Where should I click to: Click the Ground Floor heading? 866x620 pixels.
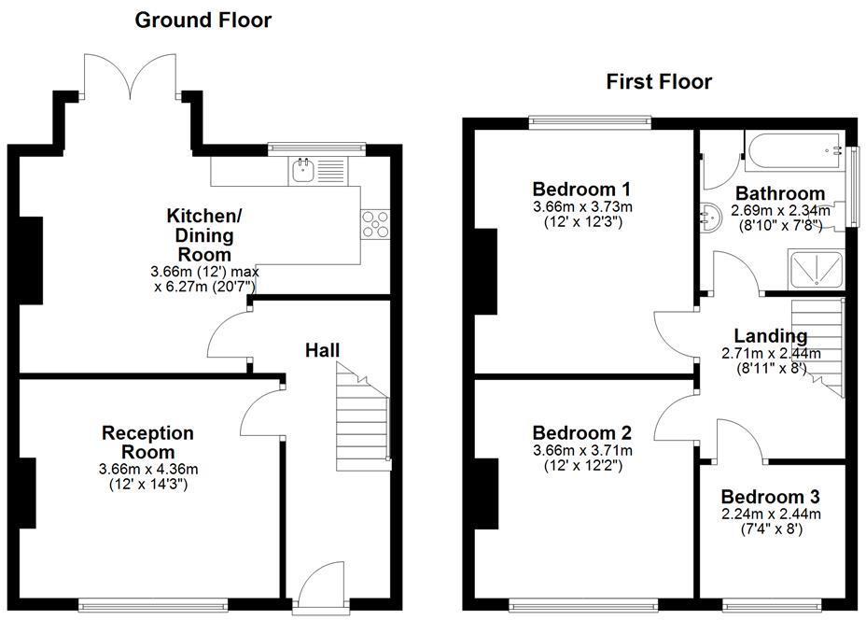(203, 20)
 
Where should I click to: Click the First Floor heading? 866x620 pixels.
(659, 82)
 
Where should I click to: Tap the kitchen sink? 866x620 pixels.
(303, 169)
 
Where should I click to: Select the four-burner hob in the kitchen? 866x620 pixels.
(376, 224)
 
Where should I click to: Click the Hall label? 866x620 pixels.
(323, 350)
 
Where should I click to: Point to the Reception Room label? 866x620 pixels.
(147, 443)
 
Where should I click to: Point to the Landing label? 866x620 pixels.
(770, 336)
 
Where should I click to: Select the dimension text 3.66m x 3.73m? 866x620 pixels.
(582, 206)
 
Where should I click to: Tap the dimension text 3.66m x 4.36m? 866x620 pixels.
(147, 469)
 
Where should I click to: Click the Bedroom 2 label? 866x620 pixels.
(582, 433)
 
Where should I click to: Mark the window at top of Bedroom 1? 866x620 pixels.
(588, 120)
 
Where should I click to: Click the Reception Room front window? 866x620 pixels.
(152, 602)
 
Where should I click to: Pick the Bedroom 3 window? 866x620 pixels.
(772, 602)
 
